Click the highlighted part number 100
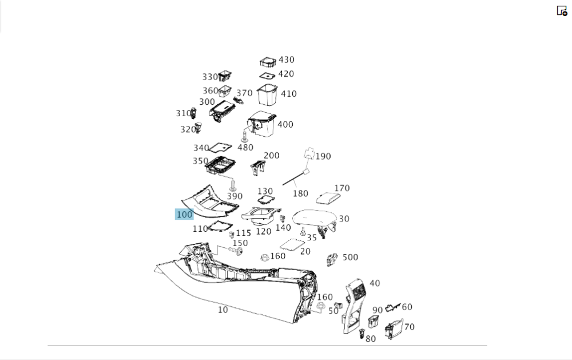click(x=184, y=215)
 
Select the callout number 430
click(x=286, y=60)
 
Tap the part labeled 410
click(x=267, y=94)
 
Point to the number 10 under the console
click(x=223, y=310)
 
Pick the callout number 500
click(x=350, y=258)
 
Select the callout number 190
click(x=323, y=156)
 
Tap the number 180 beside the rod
click(x=300, y=193)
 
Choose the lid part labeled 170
click(x=329, y=196)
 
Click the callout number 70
click(x=409, y=327)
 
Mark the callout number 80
click(x=371, y=338)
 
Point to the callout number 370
click(x=244, y=93)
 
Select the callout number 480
click(x=245, y=147)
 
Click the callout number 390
click(x=235, y=196)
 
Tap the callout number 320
click(x=188, y=129)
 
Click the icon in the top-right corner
click(x=562, y=10)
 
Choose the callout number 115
click(x=244, y=233)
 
